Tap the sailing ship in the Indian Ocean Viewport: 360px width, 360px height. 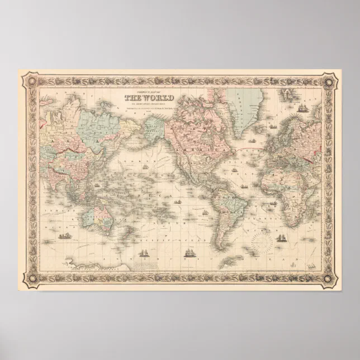click(67, 236)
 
